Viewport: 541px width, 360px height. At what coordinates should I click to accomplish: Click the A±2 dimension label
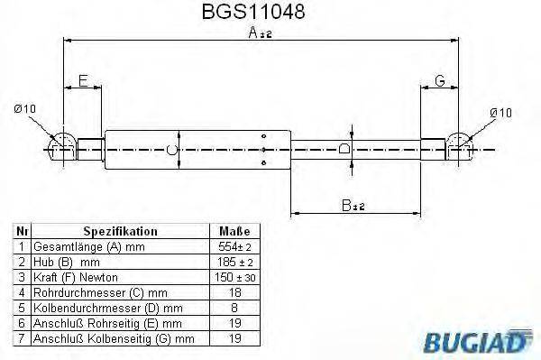261,33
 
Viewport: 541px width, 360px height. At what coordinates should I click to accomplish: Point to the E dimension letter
83,80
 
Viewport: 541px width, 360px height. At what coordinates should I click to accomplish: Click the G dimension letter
440,80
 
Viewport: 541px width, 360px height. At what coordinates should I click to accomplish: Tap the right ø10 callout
501,112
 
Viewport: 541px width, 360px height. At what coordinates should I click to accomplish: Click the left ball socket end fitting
62,145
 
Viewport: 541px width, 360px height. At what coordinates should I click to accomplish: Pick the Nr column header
22,231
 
